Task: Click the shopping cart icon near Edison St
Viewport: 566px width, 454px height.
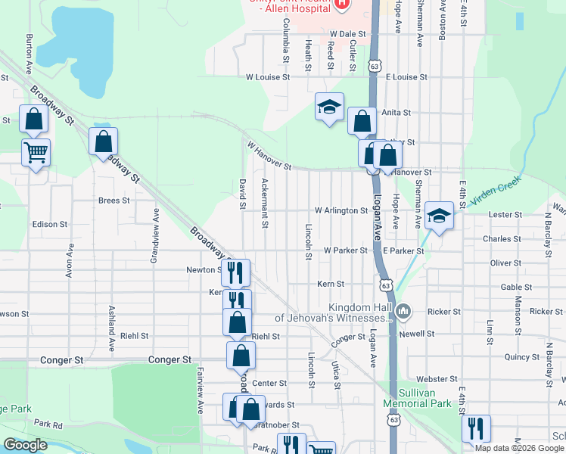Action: coord(36,153)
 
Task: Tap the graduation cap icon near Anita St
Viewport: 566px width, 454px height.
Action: coord(330,107)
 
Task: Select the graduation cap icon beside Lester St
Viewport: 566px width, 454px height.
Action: coord(438,216)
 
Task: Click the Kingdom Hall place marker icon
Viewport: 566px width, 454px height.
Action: coord(404,311)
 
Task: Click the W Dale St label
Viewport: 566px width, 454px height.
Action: coord(347,34)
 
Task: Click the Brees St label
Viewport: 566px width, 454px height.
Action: coord(114,201)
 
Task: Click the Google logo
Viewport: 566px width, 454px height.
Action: coord(26,445)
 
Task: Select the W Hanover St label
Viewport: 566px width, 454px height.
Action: coord(269,154)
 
